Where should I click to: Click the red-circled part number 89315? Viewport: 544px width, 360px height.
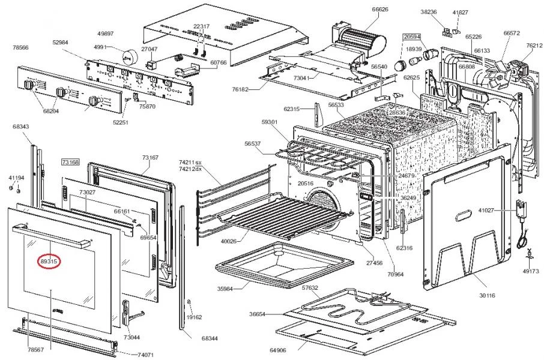tap(49, 262)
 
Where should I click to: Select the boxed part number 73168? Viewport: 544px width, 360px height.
tap(70, 162)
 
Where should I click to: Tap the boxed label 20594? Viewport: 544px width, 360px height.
tap(412, 37)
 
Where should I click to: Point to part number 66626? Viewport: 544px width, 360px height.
tap(380, 10)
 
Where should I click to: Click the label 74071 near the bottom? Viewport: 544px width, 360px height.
tap(145, 355)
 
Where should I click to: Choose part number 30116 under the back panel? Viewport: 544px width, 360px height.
tap(487, 295)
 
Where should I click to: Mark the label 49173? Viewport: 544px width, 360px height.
tap(531, 271)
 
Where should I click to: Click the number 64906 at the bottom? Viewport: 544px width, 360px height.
tap(278, 350)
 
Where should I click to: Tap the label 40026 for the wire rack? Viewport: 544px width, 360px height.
tap(229, 241)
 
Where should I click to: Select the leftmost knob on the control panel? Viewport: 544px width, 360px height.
tap(28, 85)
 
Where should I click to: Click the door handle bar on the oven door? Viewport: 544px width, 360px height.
tap(52, 237)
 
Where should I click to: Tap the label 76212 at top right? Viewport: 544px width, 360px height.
tap(534, 46)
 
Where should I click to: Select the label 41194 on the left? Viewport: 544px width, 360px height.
tap(16, 178)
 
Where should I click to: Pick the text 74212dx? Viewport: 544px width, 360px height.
tap(190, 169)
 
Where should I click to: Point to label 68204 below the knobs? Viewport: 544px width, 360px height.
tap(51, 111)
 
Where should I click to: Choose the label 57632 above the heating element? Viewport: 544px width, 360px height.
tap(310, 287)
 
